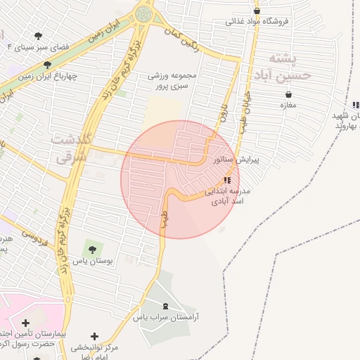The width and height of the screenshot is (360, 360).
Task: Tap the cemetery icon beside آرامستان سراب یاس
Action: point(166,306)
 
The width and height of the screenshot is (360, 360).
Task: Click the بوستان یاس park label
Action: point(89,259)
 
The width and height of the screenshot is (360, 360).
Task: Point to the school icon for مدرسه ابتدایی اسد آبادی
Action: point(226,181)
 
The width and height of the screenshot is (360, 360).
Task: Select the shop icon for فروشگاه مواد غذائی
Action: point(257,11)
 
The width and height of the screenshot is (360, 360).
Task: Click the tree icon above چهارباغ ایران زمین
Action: point(47,64)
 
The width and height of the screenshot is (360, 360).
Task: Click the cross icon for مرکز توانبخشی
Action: point(95,337)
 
